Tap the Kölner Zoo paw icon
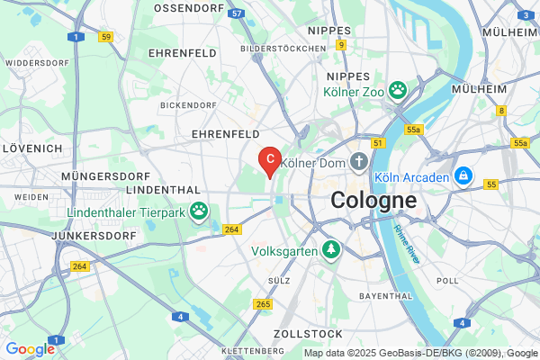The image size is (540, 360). pos(398,91)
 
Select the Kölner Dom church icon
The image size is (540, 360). pos(359,163)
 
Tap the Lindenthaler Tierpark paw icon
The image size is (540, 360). pos(198,211)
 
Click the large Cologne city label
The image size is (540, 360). pos(373,201)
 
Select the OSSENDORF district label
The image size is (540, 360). pos(188,7)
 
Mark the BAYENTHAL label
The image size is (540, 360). pos(384,295)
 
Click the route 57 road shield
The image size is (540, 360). pos(236,14)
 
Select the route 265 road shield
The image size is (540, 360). pos(263,304)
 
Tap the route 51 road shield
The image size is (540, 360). pos(377,143)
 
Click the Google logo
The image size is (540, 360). pos(31,349)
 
